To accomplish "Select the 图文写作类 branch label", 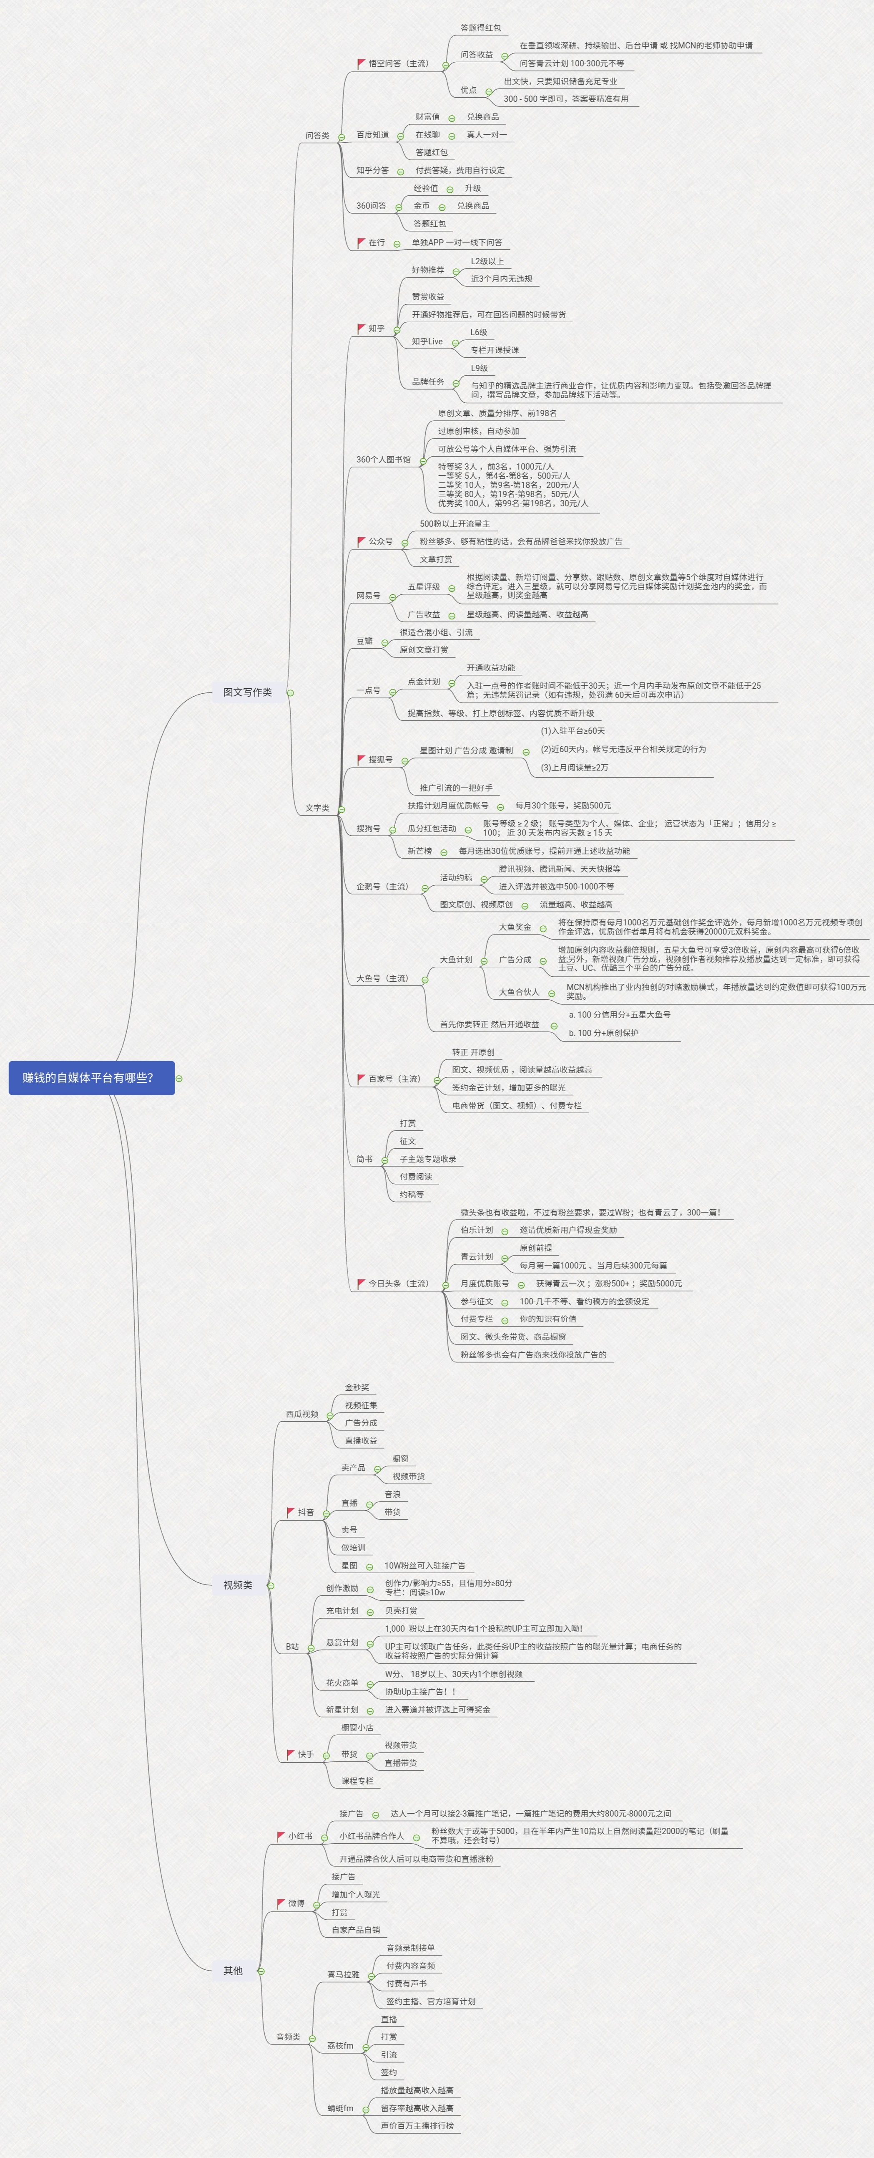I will coord(247,692).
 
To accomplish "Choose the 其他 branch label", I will coord(233,1970).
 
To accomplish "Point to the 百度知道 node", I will coord(372,135).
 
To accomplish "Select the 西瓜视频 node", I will coord(301,1414).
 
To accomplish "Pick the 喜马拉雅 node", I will coord(343,1974).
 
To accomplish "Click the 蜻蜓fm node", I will coord(340,2108).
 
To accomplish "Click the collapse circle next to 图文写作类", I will coord(291,693).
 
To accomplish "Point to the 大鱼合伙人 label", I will coord(519,992).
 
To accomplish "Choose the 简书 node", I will coord(364,1159).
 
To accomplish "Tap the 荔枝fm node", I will coord(340,2046).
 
